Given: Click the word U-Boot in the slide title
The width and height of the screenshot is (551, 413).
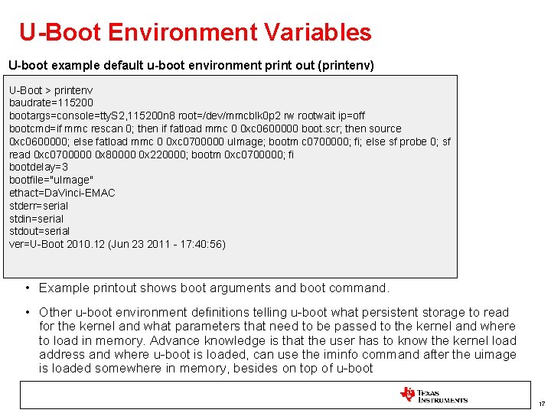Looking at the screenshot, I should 60,32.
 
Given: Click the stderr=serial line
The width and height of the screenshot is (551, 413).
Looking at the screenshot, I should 38,206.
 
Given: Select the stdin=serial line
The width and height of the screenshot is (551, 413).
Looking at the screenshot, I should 36,219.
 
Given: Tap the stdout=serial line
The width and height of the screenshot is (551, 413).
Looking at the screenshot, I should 39,231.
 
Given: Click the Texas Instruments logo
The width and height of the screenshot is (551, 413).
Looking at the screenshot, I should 433,395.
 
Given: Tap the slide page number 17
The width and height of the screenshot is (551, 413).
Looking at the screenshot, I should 541,404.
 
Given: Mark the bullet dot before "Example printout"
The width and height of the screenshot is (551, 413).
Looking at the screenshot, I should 27,288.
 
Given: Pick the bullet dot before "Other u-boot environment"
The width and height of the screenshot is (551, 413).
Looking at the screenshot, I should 27,312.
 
